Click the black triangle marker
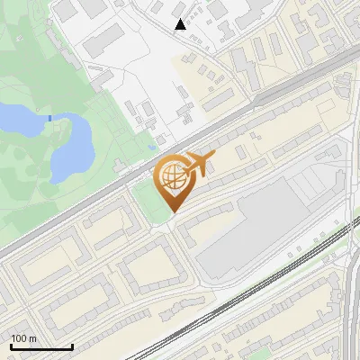[180, 24]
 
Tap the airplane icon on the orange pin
[199, 166]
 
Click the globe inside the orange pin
[173, 179]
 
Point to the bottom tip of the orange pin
[172, 213]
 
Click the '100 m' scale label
[23, 338]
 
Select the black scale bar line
[41, 346]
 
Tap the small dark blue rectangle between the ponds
[49, 117]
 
